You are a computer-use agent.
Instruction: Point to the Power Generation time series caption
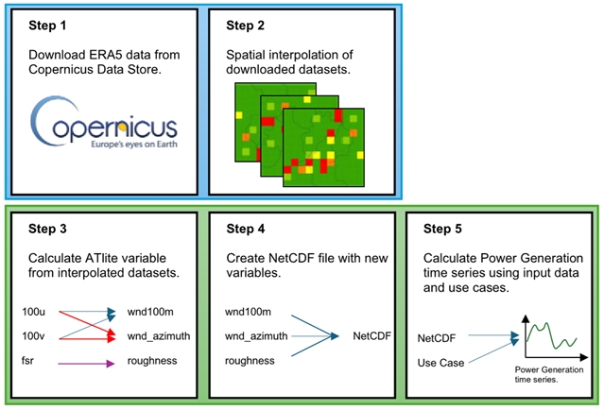pos(544,374)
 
